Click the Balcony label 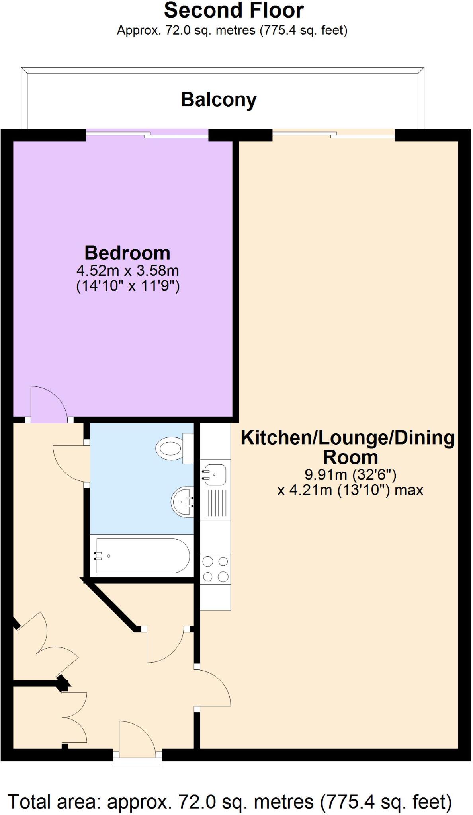[219, 99]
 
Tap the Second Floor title [234, 10]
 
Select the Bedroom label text [127, 253]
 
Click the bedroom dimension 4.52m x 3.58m [127, 271]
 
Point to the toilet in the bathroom [171, 448]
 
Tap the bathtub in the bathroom [141, 556]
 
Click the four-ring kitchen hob [215, 569]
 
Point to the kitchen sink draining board [215, 503]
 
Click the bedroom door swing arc [50, 402]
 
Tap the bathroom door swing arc [70, 464]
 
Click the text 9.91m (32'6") [350, 474]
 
